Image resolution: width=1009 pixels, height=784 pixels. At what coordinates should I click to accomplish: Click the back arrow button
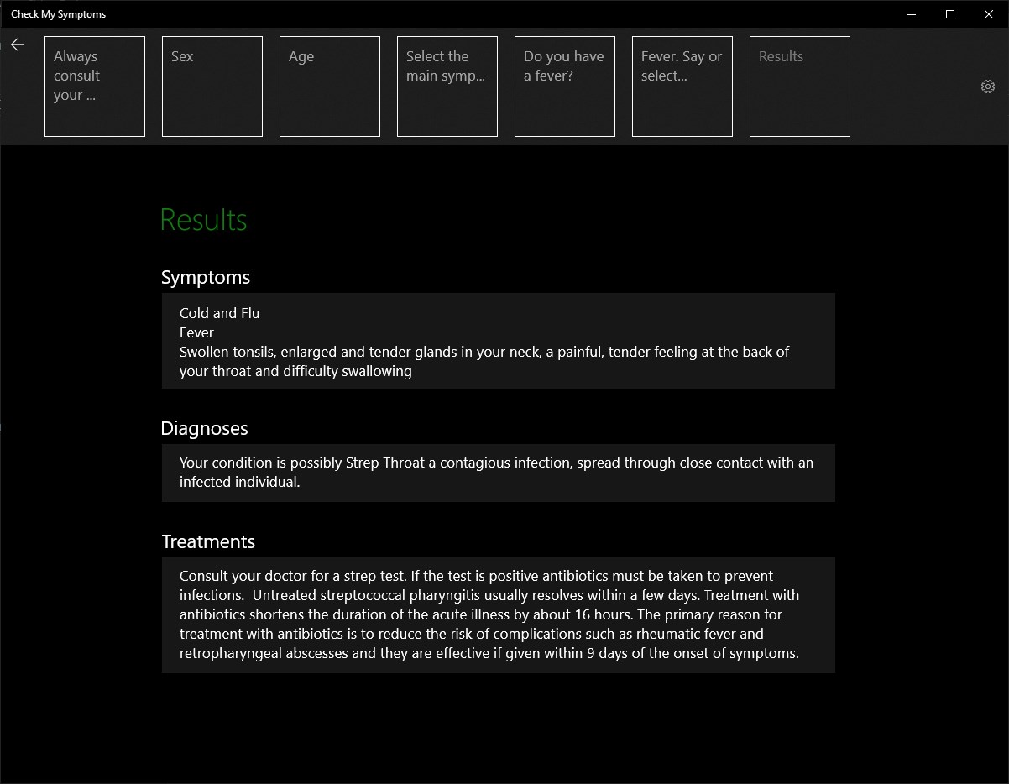point(18,44)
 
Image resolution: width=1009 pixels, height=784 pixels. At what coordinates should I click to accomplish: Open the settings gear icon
point(988,86)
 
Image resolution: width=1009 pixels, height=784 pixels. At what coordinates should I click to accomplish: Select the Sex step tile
point(212,86)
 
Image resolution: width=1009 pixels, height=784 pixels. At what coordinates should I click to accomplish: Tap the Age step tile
point(330,86)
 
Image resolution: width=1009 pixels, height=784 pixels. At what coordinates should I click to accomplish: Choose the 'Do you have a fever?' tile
point(565,86)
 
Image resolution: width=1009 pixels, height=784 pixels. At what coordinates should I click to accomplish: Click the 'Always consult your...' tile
point(95,86)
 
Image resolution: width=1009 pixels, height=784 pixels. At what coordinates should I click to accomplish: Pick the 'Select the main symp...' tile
point(447,86)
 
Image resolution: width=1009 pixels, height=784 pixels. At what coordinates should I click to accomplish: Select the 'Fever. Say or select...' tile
point(682,86)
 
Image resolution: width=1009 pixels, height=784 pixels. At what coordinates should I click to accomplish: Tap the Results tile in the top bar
point(800,86)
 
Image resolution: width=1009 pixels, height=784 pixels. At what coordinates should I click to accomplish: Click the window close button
point(989,14)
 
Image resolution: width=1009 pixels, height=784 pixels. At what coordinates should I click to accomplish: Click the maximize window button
point(950,14)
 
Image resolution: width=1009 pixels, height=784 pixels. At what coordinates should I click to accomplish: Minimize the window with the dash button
point(912,14)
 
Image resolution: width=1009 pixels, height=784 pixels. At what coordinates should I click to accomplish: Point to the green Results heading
point(203,220)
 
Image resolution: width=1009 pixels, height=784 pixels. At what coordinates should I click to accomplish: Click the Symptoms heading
point(206,278)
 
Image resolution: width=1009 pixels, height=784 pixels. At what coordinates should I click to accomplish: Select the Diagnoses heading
point(205,429)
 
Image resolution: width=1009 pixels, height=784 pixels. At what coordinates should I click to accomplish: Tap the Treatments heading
point(208,542)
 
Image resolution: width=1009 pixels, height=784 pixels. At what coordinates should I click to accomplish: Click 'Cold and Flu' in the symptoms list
point(219,313)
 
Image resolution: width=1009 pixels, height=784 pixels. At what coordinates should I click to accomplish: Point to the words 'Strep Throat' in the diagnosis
point(385,463)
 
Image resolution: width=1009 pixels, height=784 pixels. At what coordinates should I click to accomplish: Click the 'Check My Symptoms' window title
point(59,14)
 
